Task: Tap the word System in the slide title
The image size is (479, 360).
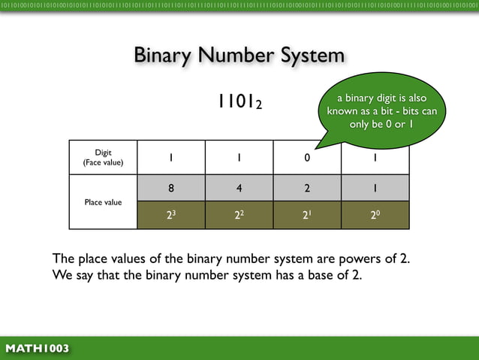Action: click(311, 56)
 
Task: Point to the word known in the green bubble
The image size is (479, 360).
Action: click(345, 111)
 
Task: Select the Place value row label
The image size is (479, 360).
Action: click(104, 202)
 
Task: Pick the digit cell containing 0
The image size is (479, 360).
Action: click(306, 158)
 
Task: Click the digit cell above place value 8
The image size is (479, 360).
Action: click(171, 158)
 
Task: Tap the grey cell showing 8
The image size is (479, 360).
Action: click(171, 188)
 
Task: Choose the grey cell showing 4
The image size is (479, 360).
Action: click(239, 188)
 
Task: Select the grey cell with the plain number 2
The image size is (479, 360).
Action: click(306, 188)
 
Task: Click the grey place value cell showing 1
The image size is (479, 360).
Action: click(375, 188)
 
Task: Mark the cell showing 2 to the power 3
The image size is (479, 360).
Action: click(171, 214)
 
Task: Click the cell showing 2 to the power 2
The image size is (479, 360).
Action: click(239, 214)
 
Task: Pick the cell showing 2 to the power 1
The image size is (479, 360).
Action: click(306, 214)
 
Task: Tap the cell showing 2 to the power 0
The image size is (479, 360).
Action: click(375, 214)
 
